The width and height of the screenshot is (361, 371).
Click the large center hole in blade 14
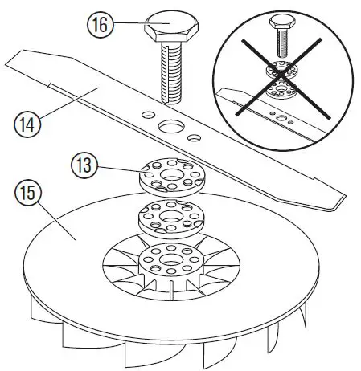[172, 126]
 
